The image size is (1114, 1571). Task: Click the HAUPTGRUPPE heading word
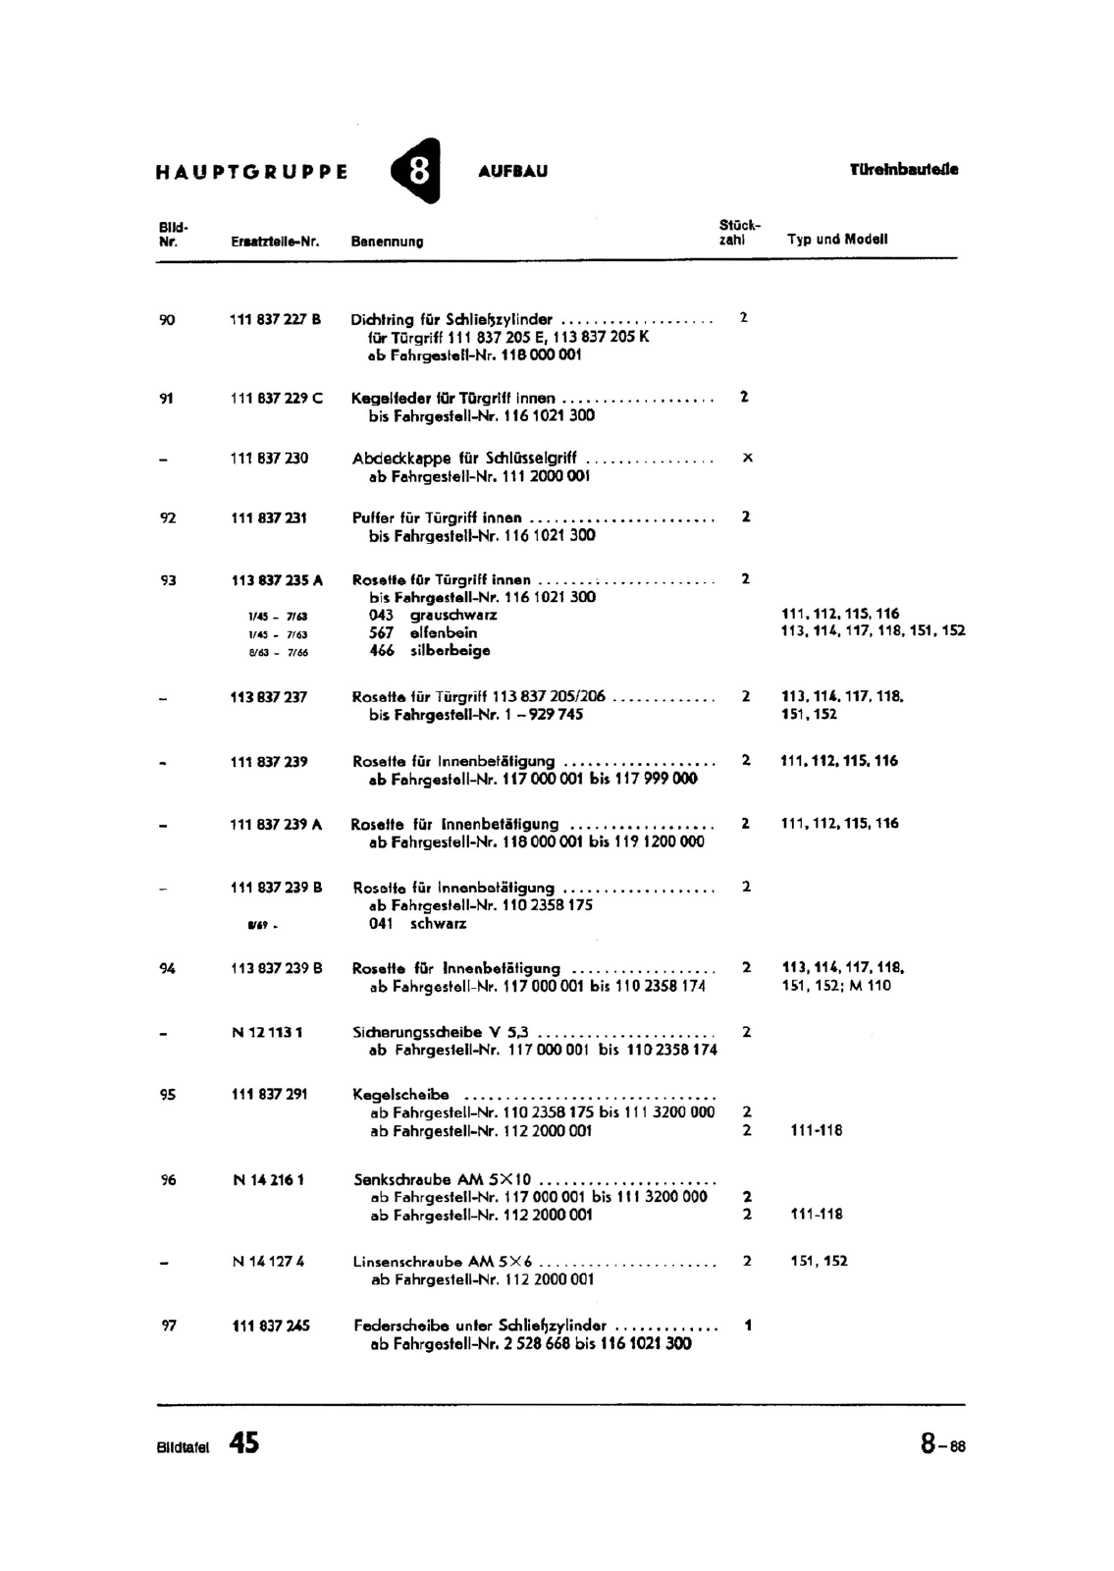(x=251, y=172)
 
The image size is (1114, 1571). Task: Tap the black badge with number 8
(x=417, y=171)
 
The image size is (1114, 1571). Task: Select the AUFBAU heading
(x=512, y=171)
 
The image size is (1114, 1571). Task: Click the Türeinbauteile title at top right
(x=903, y=169)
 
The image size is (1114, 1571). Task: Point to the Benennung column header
(x=387, y=241)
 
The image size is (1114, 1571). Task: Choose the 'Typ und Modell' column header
(x=837, y=239)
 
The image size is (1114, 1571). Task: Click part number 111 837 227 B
(x=276, y=319)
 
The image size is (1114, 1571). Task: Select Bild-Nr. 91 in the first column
(x=167, y=398)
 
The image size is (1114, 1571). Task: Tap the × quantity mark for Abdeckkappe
(x=748, y=458)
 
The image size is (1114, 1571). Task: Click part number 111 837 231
(x=269, y=517)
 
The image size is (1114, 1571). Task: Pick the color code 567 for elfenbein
(x=382, y=632)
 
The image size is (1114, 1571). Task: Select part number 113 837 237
(x=269, y=696)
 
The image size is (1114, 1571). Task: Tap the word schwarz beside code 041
(x=438, y=923)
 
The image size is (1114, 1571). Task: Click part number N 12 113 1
(x=268, y=1032)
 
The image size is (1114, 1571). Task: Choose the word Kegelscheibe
(x=400, y=1094)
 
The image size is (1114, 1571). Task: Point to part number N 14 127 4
(x=268, y=1261)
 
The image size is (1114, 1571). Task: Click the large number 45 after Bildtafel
(x=244, y=1442)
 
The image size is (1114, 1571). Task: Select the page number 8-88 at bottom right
(x=942, y=1444)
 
